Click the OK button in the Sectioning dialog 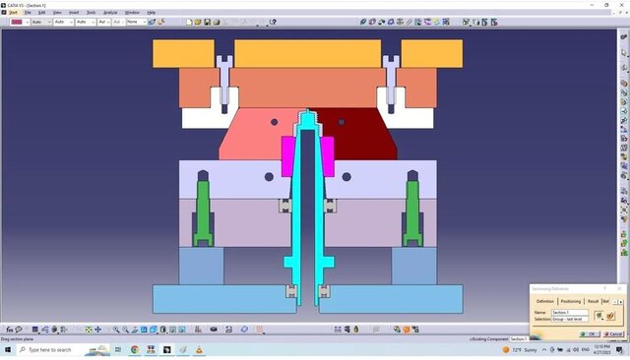coord(592,333)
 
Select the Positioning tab coord(570,301)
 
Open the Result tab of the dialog coord(593,301)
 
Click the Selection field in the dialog coord(572,319)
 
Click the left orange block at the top coord(183,53)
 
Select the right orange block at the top coord(431,53)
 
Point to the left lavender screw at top coord(224,84)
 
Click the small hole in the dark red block coord(342,122)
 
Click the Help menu coord(151,12)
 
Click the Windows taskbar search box coord(54,349)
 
